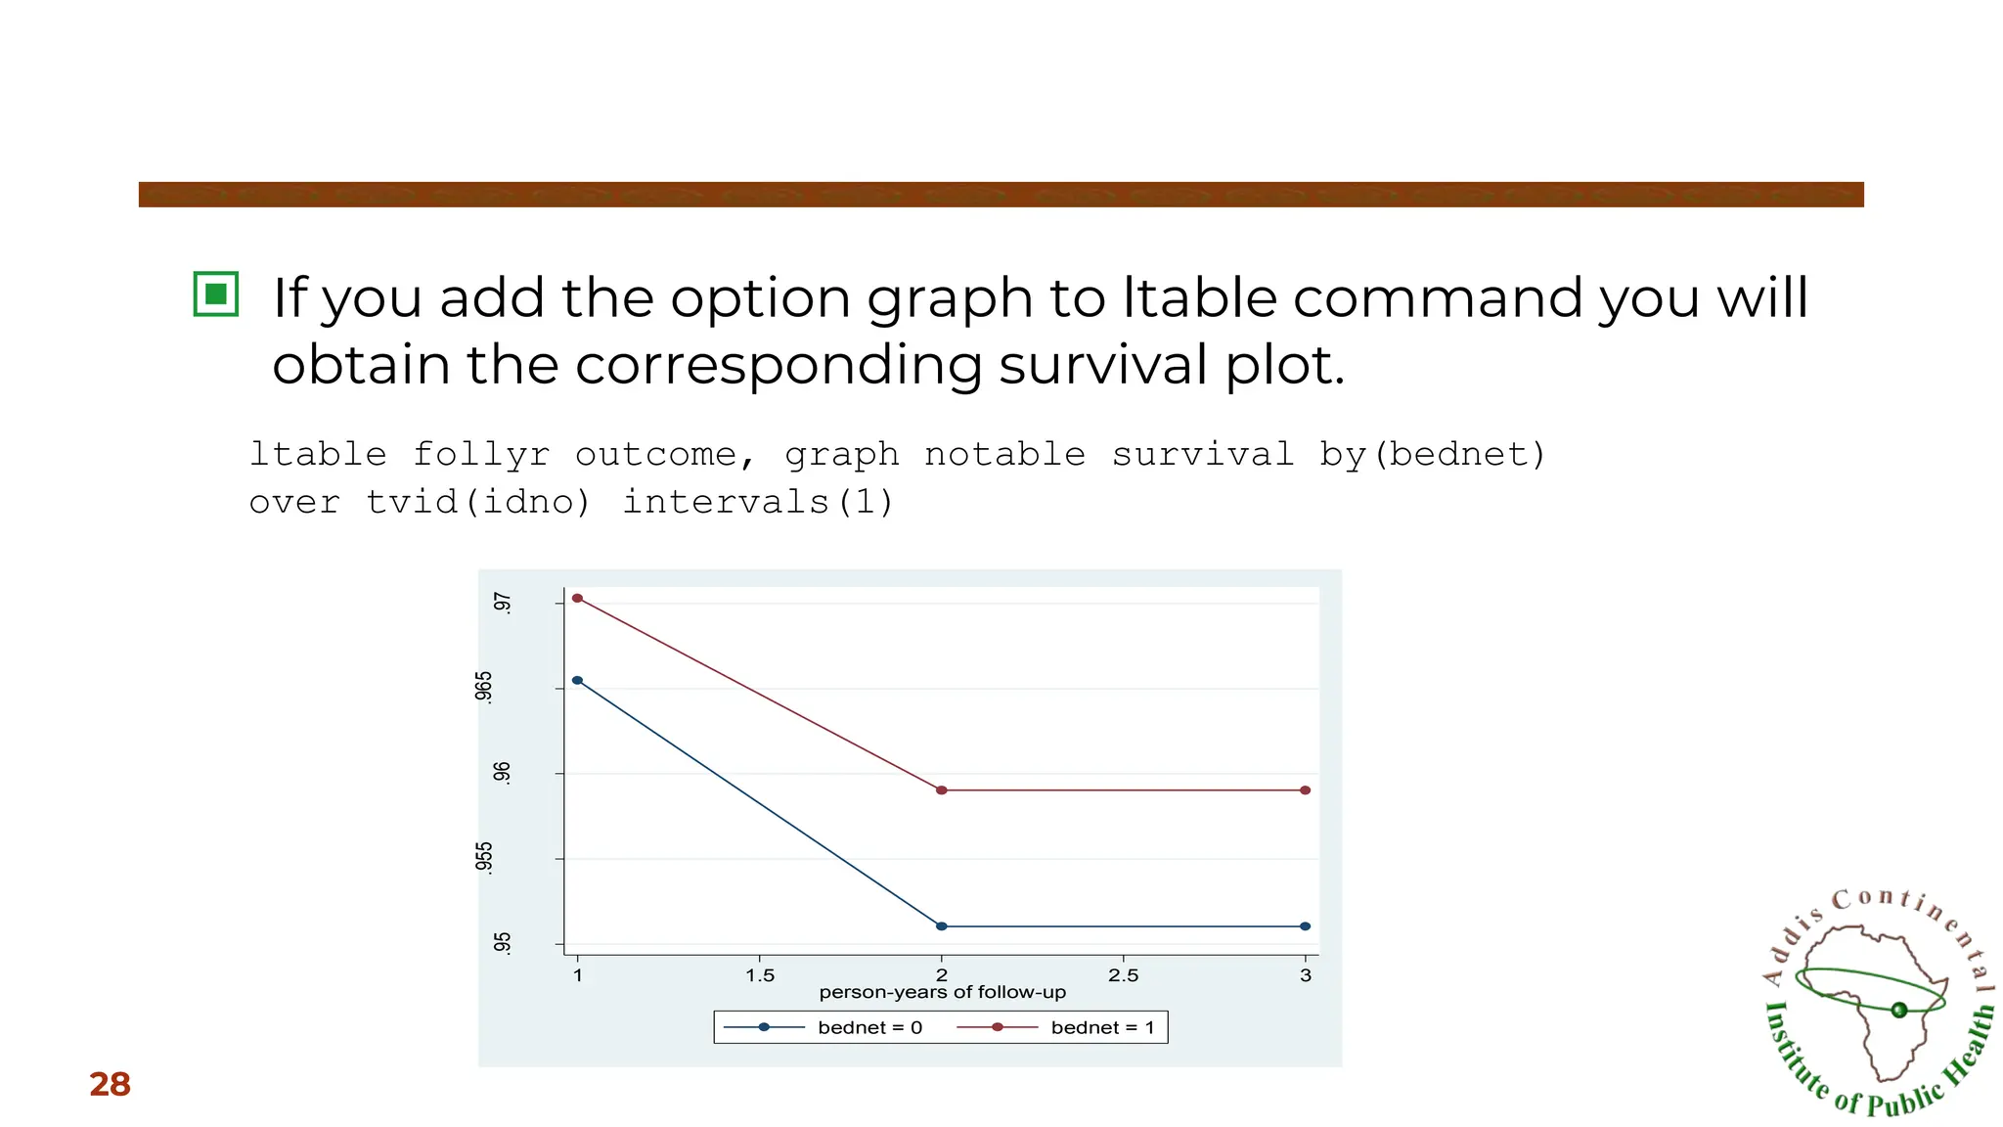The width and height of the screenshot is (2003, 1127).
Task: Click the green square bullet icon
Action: [216, 293]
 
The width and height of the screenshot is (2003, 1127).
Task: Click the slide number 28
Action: [110, 1084]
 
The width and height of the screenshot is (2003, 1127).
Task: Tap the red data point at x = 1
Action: [577, 598]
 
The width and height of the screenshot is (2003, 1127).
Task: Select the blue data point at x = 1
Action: [577, 680]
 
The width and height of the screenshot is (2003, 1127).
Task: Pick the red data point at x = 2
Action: [942, 789]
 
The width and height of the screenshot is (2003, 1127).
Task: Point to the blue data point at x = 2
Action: [942, 925]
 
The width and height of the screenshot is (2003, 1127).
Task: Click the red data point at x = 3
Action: [1305, 789]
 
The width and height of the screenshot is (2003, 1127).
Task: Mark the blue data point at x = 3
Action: [1305, 925]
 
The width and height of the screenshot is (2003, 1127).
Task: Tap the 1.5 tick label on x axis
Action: [760, 975]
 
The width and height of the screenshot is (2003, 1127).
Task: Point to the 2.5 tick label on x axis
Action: [1123, 975]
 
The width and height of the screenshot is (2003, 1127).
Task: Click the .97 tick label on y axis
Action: [502, 603]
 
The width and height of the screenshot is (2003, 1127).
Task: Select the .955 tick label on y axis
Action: [484, 857]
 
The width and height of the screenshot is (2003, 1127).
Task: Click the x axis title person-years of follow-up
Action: [942, 992]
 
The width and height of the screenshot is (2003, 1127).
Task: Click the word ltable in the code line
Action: [318, 454]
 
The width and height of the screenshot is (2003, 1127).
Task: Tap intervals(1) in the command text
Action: [758, 502]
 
